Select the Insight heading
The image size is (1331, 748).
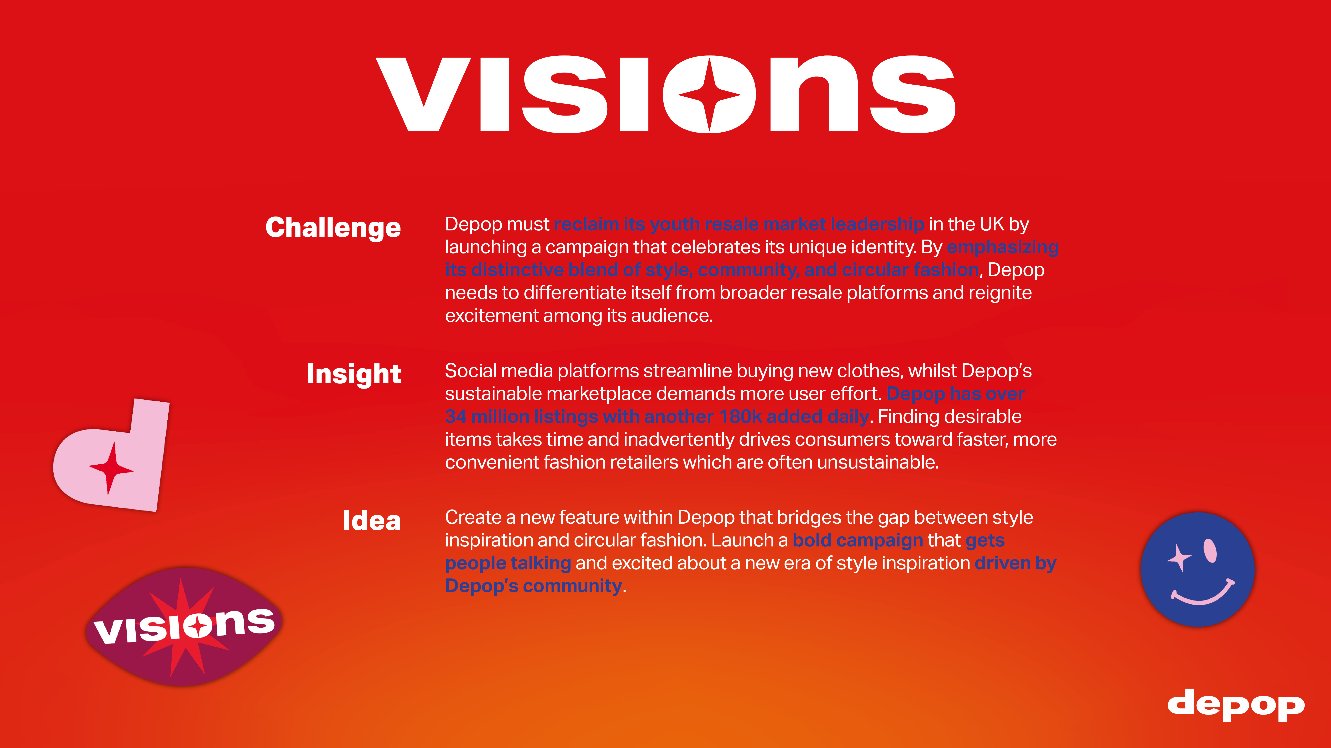pyautogui.click(x=354, y=374)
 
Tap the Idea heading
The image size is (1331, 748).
pyautogui.click(x=372, y=520)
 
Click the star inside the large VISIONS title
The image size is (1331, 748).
pyautogui.click(x=709, y=95)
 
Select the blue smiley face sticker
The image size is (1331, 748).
pyautogui.click(x=1198, y=569)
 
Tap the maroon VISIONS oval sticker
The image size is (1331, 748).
pyautogui.click(x=184, y=627)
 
